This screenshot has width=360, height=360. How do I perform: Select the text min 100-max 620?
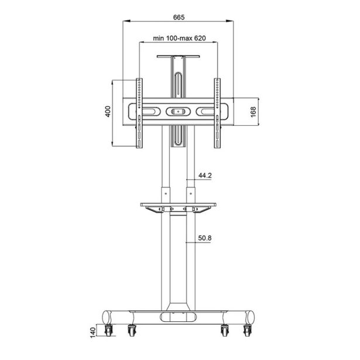180,38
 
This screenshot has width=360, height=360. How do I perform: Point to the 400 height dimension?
108,112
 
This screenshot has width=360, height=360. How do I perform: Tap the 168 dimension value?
253,112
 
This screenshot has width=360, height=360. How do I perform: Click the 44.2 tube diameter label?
205,175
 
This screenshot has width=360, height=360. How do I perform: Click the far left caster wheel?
109,331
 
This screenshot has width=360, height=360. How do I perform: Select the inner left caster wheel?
131,331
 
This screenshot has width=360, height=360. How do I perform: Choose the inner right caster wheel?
225,331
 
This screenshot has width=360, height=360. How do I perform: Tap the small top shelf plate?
179,57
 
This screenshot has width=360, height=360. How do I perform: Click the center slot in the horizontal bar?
178,111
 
